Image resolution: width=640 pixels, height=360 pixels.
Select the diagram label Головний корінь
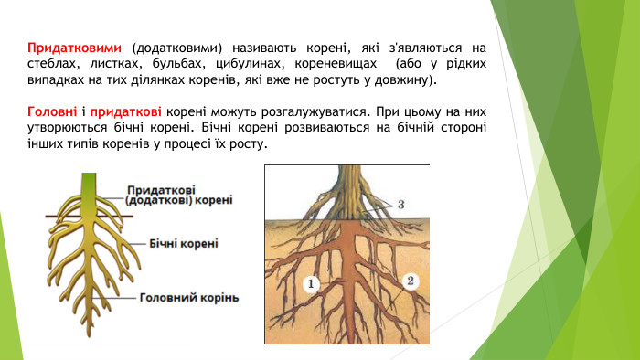click(x=190, y=297)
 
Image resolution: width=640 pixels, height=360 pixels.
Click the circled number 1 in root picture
click(x=311, y=285)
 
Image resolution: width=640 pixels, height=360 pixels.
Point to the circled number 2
click(x=411, y=281)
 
